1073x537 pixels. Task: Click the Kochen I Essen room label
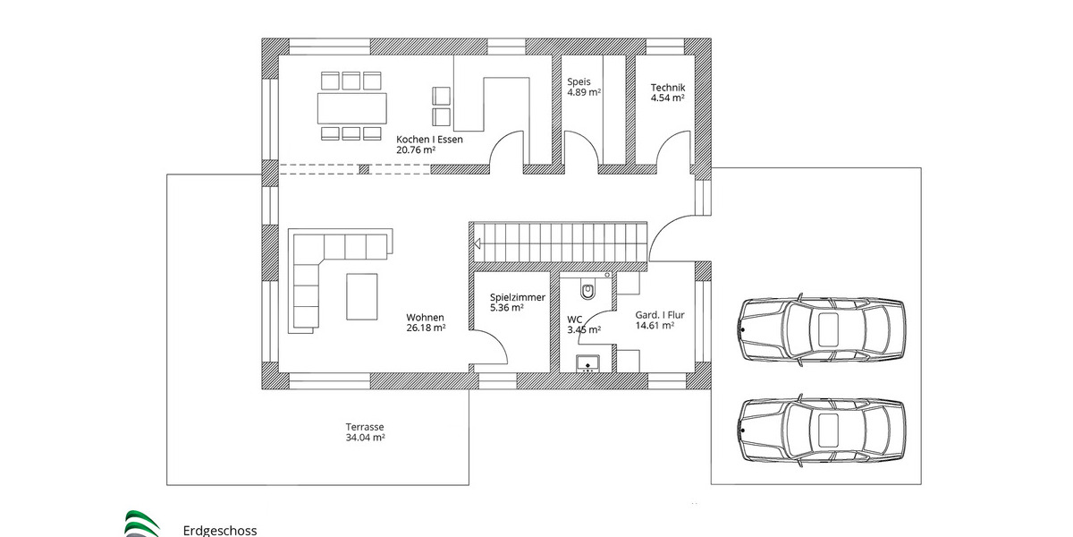point(429,140)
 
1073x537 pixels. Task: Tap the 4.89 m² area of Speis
point(583,92)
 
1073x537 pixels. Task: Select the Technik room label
point(667,87)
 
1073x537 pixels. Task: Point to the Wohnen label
point(425,317)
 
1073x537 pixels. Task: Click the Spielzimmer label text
point(517,297)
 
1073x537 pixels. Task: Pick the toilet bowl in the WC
point(587,289)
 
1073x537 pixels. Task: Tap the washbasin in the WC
point(587,363)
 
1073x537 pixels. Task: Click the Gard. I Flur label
point(659,315)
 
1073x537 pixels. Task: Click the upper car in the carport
point(820,328)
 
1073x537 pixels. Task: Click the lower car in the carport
point(820,429)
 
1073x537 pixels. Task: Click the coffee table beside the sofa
point(362,295)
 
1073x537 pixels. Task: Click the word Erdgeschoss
point(219,530)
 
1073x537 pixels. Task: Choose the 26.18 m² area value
point(427,328)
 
